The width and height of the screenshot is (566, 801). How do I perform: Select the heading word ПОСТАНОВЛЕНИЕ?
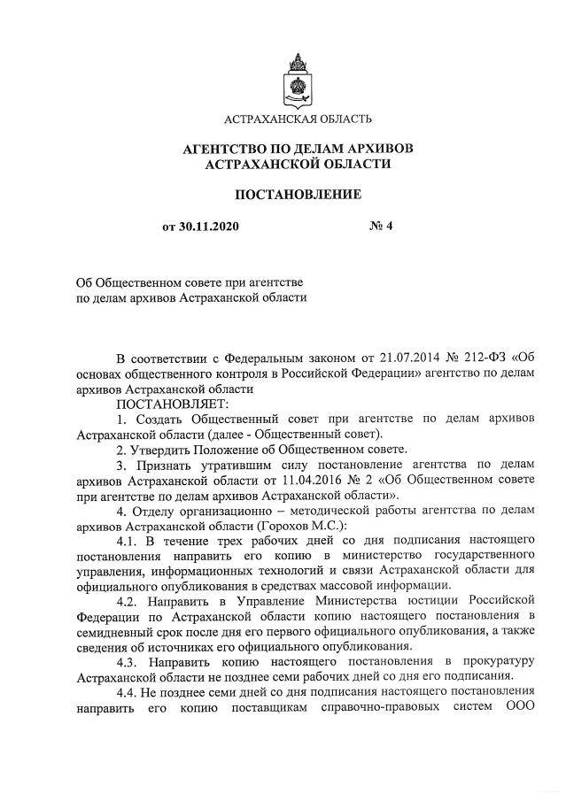pos(297,194)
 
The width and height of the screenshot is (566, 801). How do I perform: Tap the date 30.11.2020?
pos(209,227)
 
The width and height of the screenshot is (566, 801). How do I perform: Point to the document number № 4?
pos(380,227)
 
